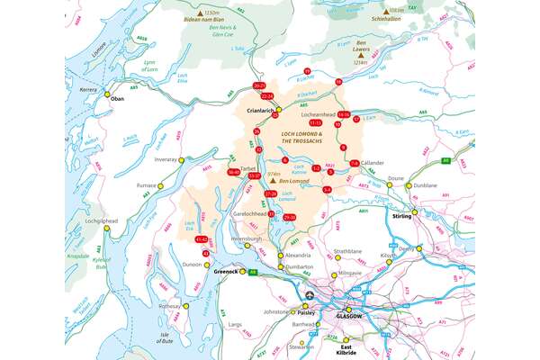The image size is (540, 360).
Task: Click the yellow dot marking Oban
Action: [x=107, y=94]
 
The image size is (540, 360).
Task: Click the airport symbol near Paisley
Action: [x=310, y=295]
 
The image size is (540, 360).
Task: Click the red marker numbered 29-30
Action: [x=289, y=218]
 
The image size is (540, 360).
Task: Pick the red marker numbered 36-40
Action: [x=234, y=172]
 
